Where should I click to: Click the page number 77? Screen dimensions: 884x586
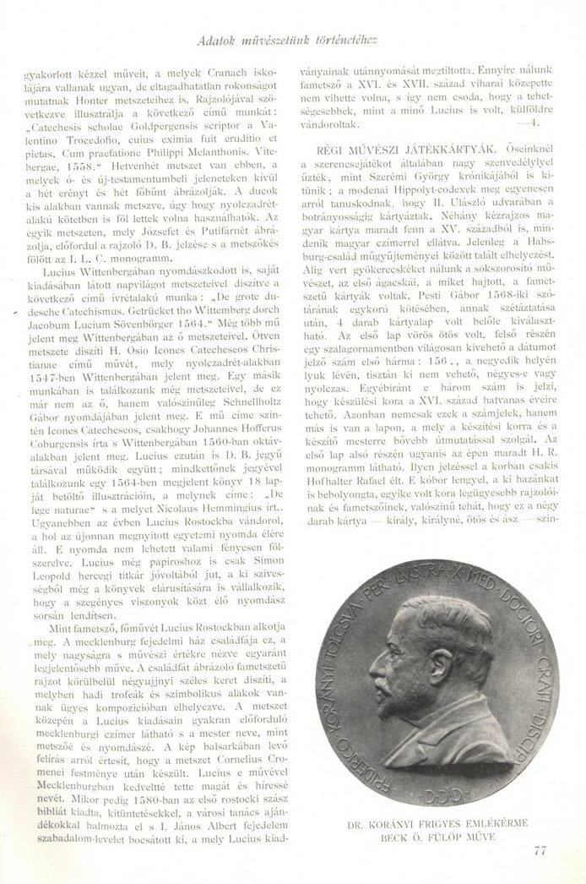541,850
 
